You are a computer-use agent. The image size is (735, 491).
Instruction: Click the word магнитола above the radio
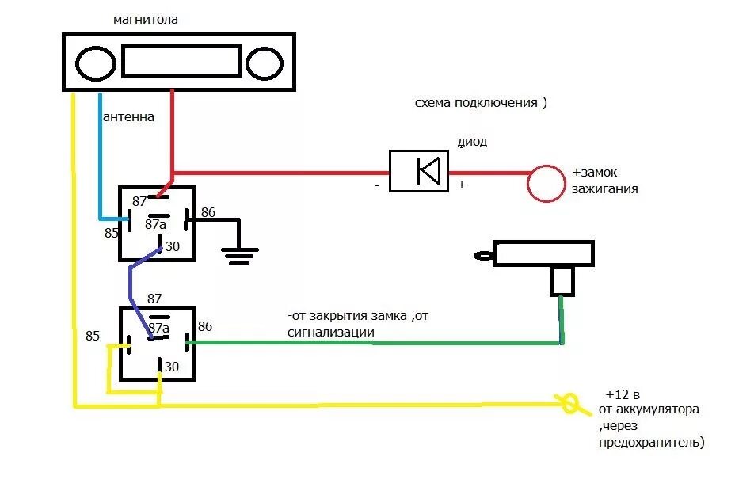pyautogui.click(x=146, y=20)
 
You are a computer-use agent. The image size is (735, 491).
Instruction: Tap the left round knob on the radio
pyautogui.click(x=96, y=63)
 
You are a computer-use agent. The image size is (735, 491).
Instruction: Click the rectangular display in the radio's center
pyautogui.click(x=181, y=61)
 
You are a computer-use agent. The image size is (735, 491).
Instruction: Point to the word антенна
pyautogui.click(x=128, y=117)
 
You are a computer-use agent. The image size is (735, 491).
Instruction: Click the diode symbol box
pyautogui.click(x=418, y=170)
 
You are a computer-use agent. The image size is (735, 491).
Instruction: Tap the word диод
pyautogui.click(x=473, y=143)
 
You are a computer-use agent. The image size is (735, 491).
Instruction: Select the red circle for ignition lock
pyautogui.click(x=546, y=184)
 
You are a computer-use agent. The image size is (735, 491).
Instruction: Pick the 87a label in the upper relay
pyautogui.click(x=155, y=225)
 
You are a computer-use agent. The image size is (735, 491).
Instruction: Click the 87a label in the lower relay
pyautogui.click(x=159, y=327)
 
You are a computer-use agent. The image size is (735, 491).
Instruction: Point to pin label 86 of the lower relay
pyautogui.click(x=205, y=325)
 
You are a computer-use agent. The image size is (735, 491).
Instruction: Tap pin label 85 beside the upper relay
pyautogui.click(x=111, y=233)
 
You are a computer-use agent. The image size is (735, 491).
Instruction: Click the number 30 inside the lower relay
pyautogui.click(x=170, y=367)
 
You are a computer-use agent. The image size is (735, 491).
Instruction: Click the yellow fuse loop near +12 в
pyautogui.click(x=569, y=405)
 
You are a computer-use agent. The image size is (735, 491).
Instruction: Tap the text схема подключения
pyautogui.click(x=481, y=103)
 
